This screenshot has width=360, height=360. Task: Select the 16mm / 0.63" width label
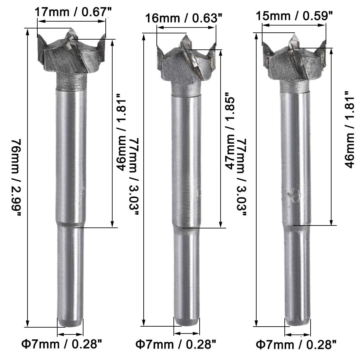(184, 18)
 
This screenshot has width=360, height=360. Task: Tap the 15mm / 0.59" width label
(294, 16)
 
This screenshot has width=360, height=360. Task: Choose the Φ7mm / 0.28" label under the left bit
(62, 344)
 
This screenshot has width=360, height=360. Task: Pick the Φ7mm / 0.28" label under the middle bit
(176, 344)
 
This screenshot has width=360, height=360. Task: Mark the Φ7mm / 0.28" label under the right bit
(296, 345)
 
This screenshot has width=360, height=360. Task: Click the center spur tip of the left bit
(71, 29)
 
